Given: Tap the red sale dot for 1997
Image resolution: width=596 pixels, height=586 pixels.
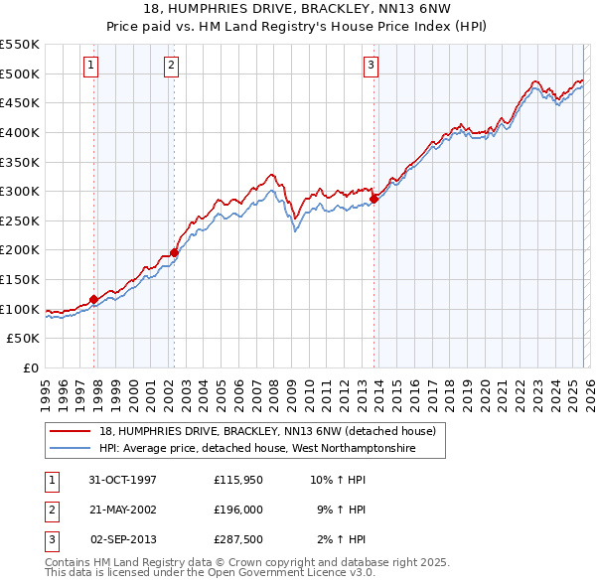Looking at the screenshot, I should pyautogui.click(x=94, y=298).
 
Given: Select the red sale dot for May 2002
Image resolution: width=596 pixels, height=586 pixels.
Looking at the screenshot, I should pyautogui.click(x=174, y=252).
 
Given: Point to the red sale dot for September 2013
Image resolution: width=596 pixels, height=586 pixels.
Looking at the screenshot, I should pyautogui.click(x=374, y=199).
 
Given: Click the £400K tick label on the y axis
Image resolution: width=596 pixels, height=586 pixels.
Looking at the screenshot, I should pyautogui.click(x=20, y=132).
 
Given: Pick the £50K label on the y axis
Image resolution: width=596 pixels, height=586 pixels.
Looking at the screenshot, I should pyautogui.click(x=24, y=339).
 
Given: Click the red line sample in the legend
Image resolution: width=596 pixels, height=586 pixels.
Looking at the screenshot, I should pyautogui.click(x=71, y=432).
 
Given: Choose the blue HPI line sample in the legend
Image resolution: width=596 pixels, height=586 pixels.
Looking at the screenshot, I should pyautogui.click(x=71, y=449).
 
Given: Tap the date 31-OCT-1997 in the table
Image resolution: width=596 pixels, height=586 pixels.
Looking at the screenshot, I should pyautogui.click(x=122, y=479).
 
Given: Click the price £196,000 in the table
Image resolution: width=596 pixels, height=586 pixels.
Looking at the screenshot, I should pyautogui.click(x=238, y=510).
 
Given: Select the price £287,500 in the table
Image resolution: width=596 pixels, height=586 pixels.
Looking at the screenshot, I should pyautogui.click(x=238, y=539).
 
